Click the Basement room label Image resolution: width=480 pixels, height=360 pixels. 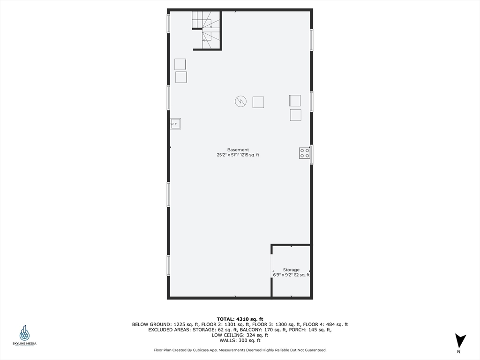238,150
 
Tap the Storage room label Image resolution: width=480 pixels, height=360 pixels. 291,270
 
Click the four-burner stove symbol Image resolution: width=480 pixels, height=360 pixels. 305,153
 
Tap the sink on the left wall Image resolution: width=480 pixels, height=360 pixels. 176,124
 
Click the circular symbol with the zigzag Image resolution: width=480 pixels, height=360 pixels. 240,101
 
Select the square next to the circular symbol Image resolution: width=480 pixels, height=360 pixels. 258,102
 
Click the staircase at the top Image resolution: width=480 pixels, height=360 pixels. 206,29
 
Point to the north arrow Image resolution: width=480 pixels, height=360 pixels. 460,340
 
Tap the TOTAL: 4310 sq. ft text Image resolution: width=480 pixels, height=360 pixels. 240,319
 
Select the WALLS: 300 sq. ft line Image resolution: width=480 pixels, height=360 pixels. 240,340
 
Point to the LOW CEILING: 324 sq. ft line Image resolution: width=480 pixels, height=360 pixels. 240,335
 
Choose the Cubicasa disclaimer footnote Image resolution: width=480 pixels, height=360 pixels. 240,350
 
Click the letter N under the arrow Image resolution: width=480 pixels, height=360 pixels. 459,352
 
